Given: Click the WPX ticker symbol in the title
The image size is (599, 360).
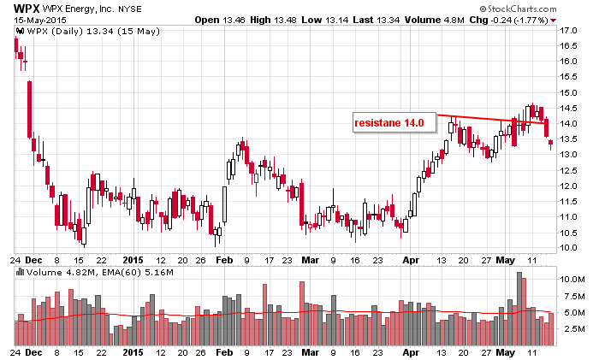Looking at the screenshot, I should (22, 8).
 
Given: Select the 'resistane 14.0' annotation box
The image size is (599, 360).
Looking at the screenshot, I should (390, 123).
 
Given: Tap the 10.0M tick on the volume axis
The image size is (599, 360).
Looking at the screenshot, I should (572, 280).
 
